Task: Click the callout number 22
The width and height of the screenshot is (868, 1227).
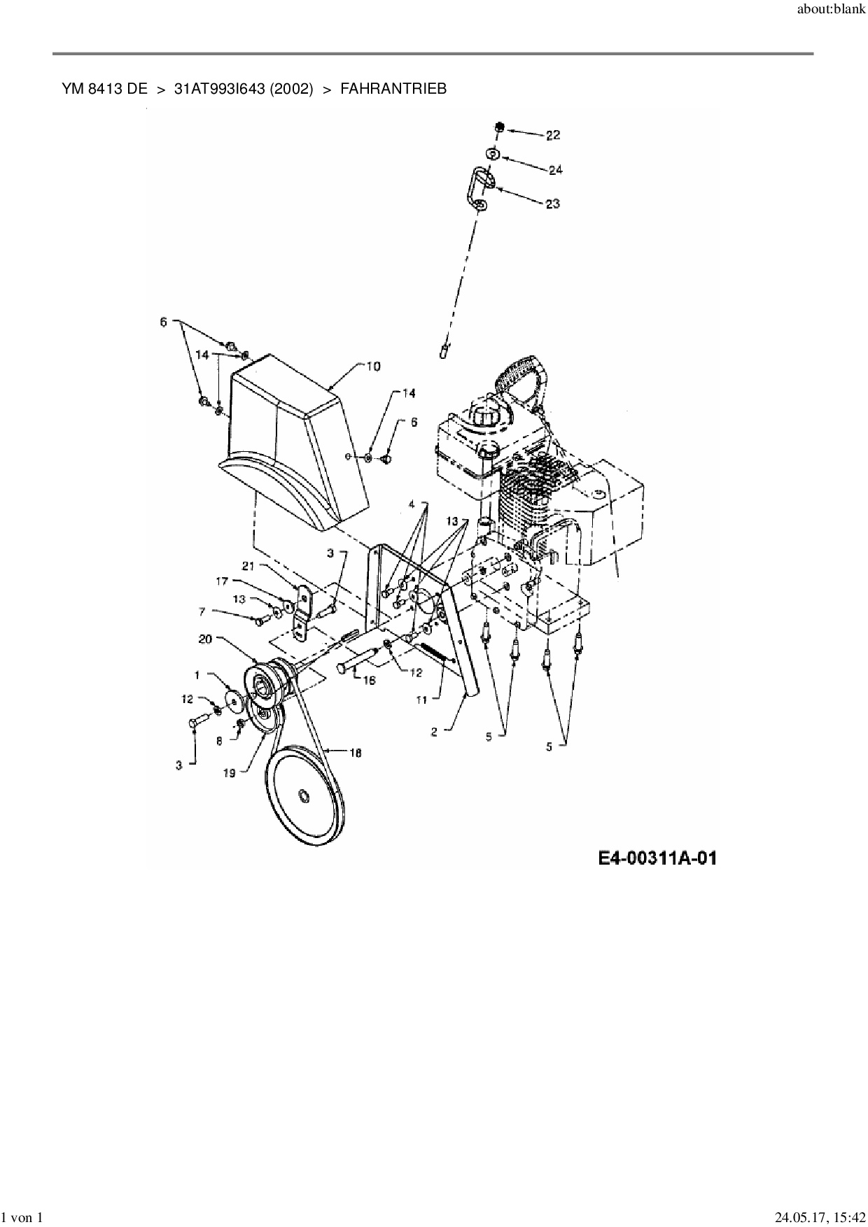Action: point(553,135)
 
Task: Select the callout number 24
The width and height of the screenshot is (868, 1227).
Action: point(556,169)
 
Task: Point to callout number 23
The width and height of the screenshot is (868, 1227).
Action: point(553,204)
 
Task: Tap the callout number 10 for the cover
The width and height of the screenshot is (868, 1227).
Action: point(372,366)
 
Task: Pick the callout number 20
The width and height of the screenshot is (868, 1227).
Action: point(205,638)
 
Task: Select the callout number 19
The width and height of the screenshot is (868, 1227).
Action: point(230,774)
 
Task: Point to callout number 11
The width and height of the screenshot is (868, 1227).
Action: point(421,697)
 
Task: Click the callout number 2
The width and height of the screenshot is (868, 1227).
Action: point(434,731)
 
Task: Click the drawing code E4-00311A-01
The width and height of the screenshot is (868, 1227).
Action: point(657,858)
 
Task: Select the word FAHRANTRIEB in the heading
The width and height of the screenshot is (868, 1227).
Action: point(393,89)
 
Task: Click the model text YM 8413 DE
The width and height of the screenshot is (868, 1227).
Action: point(104,89)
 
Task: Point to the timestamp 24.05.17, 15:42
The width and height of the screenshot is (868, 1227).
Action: point(815,1218)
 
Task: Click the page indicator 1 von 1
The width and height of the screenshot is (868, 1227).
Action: point(24,1218)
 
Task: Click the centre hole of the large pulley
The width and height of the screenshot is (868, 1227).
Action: point(303,796)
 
